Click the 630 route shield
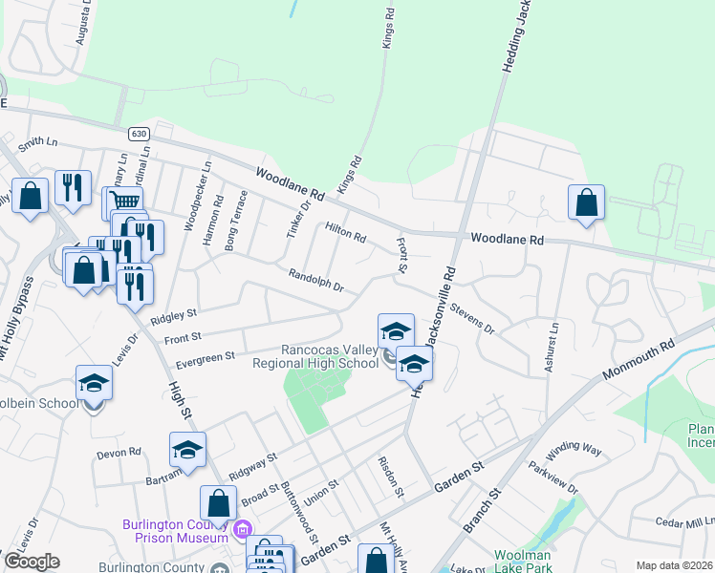140,133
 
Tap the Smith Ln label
38,142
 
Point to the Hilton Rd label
345,230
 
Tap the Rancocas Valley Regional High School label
315,356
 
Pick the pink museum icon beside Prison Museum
243,529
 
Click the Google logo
32,562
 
